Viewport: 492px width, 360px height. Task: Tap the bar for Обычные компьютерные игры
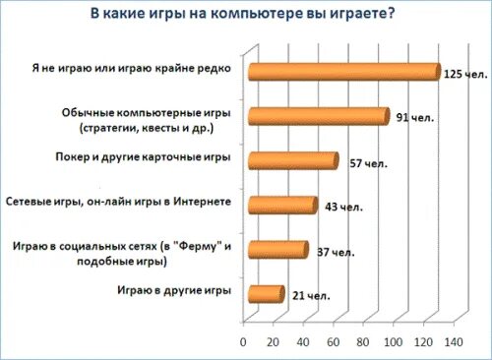[x=318, y=117]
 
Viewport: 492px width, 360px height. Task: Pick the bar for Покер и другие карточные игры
[x=292, y=161]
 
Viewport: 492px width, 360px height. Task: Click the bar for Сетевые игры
[x=281, y=206]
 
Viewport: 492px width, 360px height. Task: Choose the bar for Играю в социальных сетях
[x=277, y=250]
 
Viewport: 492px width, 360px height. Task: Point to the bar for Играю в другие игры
[x=265, y=294]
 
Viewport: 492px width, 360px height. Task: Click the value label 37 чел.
[x=336, y=253]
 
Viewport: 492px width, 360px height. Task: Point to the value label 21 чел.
[x=311, y=294]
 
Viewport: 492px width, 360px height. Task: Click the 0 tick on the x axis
[x=244, y=342]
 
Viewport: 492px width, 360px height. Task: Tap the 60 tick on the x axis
[x=335, y=342]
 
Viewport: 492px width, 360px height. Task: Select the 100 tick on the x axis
[x=394, y=342]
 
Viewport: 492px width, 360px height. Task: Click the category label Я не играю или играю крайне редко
[x=131, y=69]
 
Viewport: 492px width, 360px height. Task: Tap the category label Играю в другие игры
[x=174, y=291]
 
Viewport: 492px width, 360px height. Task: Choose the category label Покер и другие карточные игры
[x=145, y=157]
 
